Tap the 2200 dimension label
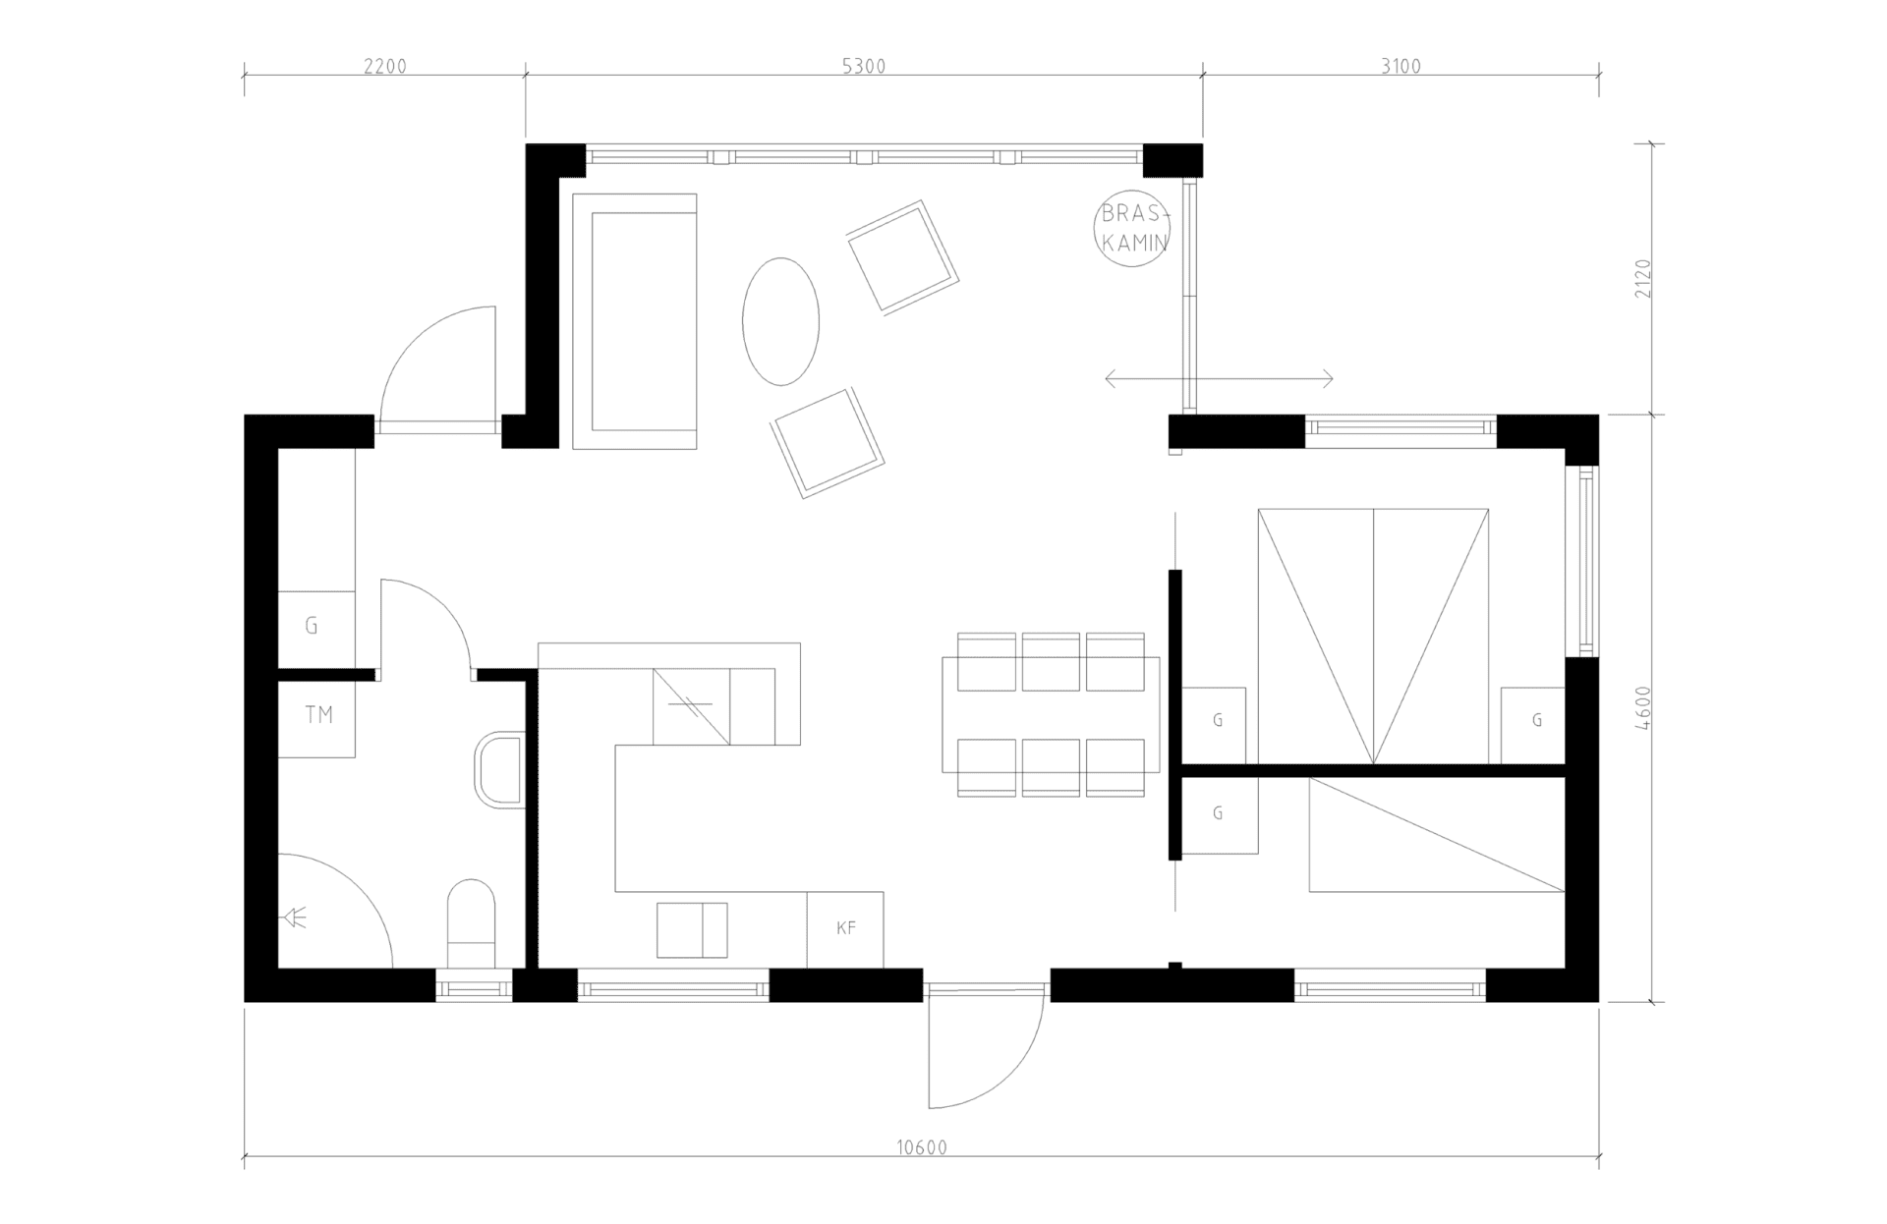click(x=384, y=67)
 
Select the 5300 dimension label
click(x=864, y=67)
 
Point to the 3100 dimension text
click(x=1401, y=67)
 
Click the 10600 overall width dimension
click(x=922, y=1147)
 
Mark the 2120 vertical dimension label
click(x=1645, y=279)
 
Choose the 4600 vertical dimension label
click(x=1645, y=708)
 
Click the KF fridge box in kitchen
click(x=845, y=928)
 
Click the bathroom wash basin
click(x=502, y=769)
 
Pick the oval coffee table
click(x=780, y=321)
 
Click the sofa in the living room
click(x=635, y=321)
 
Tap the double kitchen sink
click(x=692, y=929)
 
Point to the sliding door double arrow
click(x=1219, y=378)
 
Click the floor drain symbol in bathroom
click(x=295, y=918)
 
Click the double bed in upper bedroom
click(x=1373, y=636)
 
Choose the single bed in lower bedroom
click(x=1436, y=835)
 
